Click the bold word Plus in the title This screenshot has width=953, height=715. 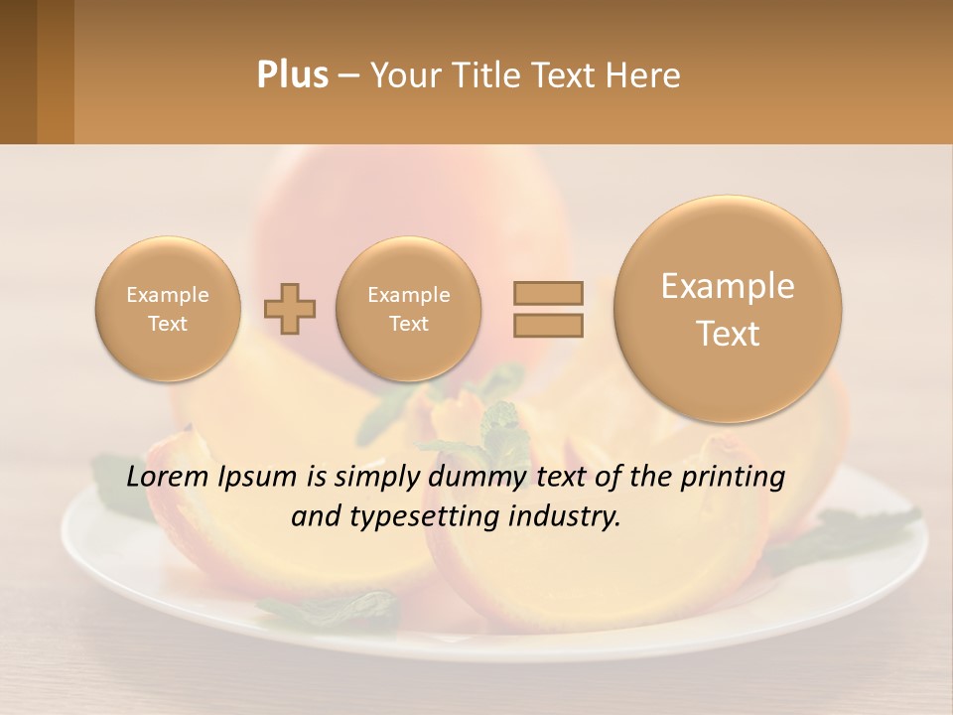pyautogui.click(x=292, y=75)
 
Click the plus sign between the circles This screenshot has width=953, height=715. pyautogui.click(x=290, y=309)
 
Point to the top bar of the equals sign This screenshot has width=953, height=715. pyautogui.click(x=547, y=293)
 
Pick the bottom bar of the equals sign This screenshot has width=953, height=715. pyautogui.click(x=547, y=325)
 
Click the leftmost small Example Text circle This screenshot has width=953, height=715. pyautogui.click(x=167, y=309)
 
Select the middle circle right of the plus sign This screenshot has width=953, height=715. pyautogui.click(x=408, y=309)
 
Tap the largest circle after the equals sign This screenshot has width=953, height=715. pyautogui.click(x=728, y=309)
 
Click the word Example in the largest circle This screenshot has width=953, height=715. pyautogui.click(x=728, y=286)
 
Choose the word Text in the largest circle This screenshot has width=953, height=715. pyautogui.click(x=728, y=334)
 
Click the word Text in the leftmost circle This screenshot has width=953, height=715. pyautogui.click(x=167, y=324)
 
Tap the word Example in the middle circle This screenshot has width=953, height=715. pyautogui.click(x=408, y=295)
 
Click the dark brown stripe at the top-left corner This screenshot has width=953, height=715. pyautogui.click(x=18, y=71)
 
